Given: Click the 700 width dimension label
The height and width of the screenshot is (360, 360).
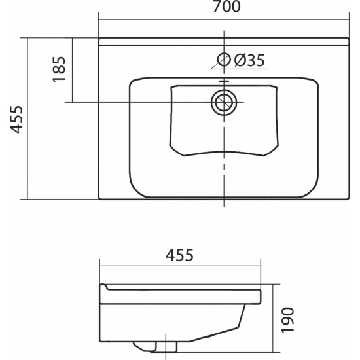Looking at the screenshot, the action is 226,7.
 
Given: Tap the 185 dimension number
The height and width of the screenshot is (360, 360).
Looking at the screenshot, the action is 59,69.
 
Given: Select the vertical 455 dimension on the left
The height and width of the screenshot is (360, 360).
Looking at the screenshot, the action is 16,119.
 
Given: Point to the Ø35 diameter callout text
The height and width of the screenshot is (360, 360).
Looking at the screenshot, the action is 249,60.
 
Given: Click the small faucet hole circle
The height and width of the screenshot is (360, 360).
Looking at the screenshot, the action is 224,60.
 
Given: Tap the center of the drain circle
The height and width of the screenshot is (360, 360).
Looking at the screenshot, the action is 224,102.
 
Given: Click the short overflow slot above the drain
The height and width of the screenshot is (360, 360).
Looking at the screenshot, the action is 224,81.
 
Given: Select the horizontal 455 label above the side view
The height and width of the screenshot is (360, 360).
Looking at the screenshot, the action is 179,255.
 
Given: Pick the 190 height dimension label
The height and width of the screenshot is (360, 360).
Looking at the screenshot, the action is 287,320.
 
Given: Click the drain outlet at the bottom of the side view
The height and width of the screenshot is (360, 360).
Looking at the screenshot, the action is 155,347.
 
